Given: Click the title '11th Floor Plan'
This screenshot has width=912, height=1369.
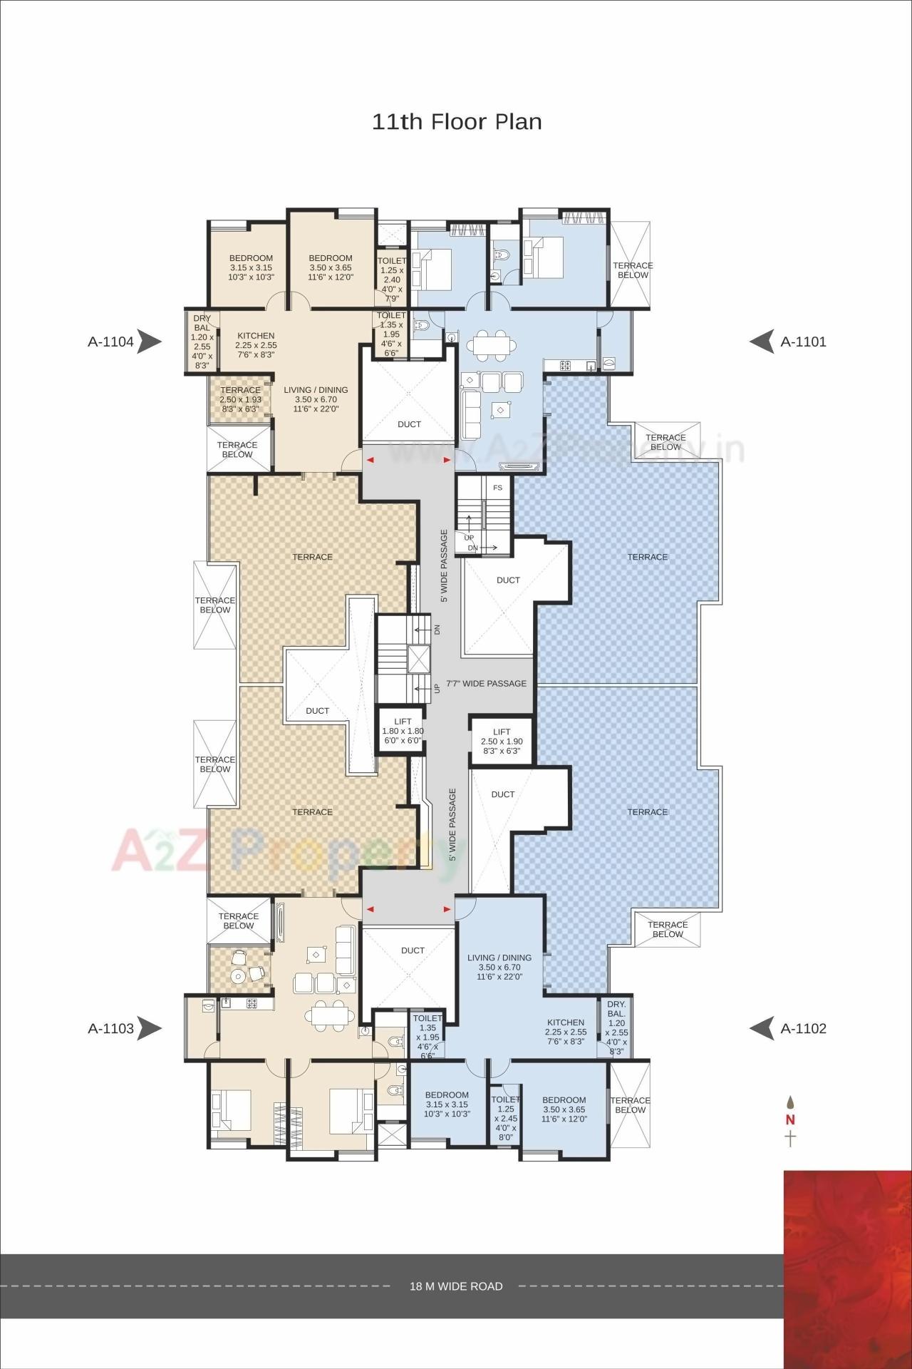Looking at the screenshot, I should click(x=457, y=122).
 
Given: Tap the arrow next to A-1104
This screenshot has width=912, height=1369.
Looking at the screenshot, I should click(x=149, y=342).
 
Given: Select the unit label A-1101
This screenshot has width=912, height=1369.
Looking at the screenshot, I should click(x=803, y=342).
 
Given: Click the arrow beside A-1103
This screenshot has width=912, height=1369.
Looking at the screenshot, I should click(x=149, y=1028).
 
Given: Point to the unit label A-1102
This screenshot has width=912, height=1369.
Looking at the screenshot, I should click(x=803, y=1028).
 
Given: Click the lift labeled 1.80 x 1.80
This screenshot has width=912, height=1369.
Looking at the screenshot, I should click(x=403, y=730).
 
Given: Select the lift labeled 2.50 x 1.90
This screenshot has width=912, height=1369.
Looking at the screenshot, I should click(x=502, y=741).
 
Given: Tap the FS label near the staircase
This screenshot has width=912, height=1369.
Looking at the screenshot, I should click(x=497, y=488).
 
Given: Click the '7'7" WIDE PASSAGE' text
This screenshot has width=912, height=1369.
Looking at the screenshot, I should click(x=486, y=683).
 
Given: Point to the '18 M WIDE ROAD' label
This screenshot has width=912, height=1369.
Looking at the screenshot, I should click(x=456, y=1266).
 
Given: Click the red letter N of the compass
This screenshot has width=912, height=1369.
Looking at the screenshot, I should click(x=790, y=1120).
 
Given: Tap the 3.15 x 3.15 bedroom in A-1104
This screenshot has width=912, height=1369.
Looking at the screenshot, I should click(x=251, y=267).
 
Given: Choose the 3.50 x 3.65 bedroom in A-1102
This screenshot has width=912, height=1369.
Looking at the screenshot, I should click(x=564, y=1109).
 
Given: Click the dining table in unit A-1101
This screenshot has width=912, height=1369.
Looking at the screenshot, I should click(x=492, y=343).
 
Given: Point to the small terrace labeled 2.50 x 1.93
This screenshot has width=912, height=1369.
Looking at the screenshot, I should click(x=240, y=399).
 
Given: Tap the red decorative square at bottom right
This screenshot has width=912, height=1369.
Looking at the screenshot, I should click(x=847, y=1269).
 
